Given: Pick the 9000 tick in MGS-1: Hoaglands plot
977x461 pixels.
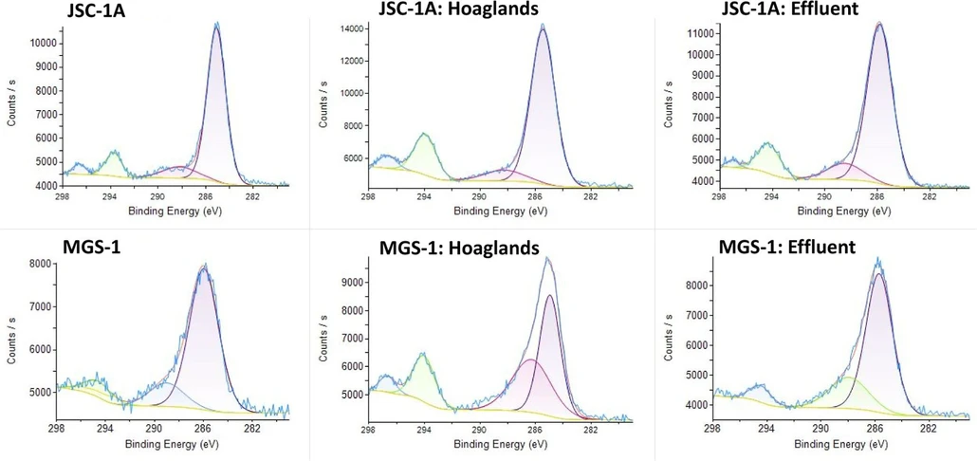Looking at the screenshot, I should point(350,283).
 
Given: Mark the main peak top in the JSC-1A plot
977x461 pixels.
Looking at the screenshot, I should point(217,26).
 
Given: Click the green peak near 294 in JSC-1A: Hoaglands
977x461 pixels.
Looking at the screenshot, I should point(424,135).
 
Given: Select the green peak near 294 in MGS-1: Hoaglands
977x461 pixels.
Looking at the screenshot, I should point(423,355).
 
